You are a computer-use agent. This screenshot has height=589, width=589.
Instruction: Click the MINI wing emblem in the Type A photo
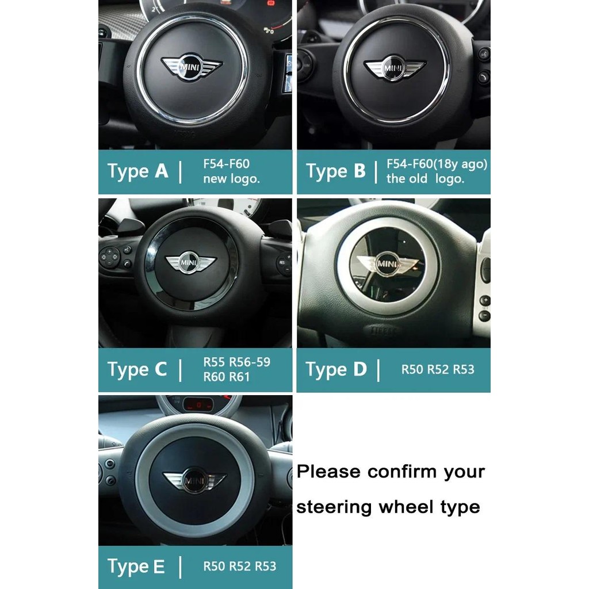(192, 67)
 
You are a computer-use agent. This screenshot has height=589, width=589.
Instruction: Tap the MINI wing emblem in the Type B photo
(395, 68)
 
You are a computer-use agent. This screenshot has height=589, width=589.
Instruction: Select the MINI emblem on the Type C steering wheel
(191, 262)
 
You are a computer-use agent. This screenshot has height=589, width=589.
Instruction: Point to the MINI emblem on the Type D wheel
(387, 264)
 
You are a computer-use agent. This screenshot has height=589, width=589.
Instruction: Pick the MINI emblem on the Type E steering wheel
(194, 480)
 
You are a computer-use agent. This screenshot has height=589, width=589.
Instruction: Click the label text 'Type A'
(137, 171)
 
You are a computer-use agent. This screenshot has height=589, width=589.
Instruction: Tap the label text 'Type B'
(335, 171)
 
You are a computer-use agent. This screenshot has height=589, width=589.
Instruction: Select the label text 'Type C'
(137, 370)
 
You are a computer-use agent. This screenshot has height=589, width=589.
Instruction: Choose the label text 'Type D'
(336, 370)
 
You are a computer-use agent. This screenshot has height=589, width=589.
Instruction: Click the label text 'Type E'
(136, 567)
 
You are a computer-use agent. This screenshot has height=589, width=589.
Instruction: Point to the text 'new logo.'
(231, 179)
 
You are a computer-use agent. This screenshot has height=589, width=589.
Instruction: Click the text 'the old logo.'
(425, 179)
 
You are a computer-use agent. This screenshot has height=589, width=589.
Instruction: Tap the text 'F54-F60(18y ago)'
(437, 164)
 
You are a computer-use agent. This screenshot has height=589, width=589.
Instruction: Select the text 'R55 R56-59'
(236, 362)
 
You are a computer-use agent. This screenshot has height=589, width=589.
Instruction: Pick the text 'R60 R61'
(227, 376)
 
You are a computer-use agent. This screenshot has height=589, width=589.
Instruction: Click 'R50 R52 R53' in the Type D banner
(438, 370)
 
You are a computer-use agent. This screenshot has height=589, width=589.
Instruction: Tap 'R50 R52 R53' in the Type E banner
(240, 566)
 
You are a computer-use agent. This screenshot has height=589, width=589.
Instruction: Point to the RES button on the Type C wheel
(282, 262)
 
